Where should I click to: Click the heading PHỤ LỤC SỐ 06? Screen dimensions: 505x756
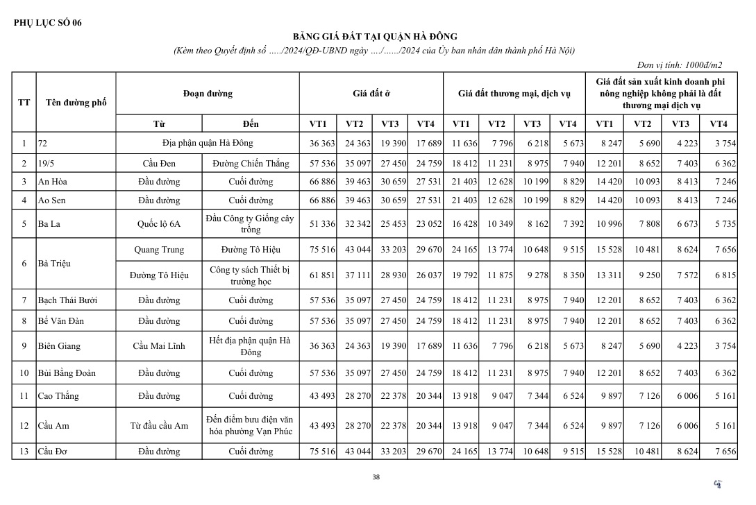(47, 22)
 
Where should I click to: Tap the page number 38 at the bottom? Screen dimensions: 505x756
(376, 477)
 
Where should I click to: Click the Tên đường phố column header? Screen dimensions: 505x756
(76, 103)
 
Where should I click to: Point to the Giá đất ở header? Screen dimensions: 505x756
(371, 93)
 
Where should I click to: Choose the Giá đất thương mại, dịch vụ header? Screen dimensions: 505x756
(514, 93)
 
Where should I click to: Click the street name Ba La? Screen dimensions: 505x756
(49, 224)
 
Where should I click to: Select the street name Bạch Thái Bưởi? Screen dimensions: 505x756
(68, 300)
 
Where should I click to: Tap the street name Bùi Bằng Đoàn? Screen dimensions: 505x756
(67, 373)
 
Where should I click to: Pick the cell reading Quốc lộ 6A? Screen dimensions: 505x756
(159, 224)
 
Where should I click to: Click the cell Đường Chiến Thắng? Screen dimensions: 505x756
(251, 164)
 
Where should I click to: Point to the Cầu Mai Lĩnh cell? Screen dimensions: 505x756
(159, 346)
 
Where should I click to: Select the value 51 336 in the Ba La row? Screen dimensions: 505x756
(321, 224)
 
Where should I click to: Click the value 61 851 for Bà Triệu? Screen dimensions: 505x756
(321, 275)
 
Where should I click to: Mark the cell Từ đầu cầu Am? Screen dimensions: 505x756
(159, 426)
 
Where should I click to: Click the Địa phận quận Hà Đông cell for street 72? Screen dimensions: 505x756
(208, 143)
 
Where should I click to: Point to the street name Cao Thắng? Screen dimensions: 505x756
(58, 396)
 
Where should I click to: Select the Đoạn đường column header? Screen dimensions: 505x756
(208, 93)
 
